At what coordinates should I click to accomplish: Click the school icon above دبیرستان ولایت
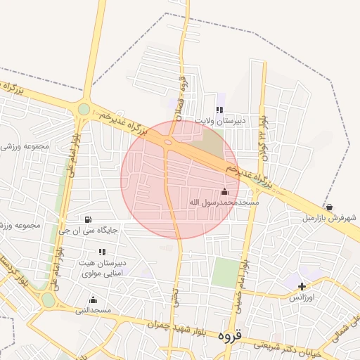pyautogui.click(x=219, y=110)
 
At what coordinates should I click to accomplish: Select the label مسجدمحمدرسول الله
pyautogui.click(x=224, y=202)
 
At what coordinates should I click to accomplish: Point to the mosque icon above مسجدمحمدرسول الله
pyautogui.click(x=224, y=191)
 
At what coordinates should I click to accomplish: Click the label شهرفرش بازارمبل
pyautogui.click(x=330, y=218)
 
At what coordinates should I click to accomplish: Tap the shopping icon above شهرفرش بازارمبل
pyautogui.click(x=330, y=207)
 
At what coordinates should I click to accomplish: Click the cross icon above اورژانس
pyautogui.click(x=302, y=286)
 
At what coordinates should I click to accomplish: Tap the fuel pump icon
pyautogui.click(x=88, y=219)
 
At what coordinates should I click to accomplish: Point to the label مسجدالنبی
pyautogui.click(x=94, y=310)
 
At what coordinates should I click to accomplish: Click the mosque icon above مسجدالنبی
pyautogui.click(x=93, y=300)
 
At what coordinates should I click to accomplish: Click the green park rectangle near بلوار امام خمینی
pyautogui.click(x=226, y=272)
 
